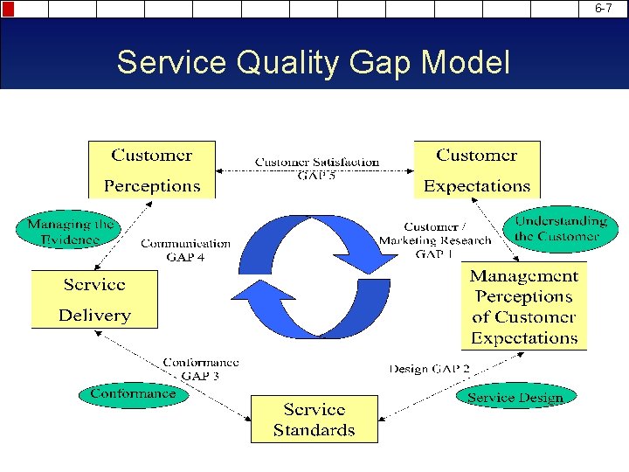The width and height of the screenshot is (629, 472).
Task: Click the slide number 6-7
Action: pyautogui.click(x=604, y=8)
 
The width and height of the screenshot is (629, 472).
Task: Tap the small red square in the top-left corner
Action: pyautogui.click(x=8, y=9)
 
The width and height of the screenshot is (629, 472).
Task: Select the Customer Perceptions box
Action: pyautogui.click(x=152, y=170)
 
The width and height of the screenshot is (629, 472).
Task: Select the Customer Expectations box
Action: pyautogui.click(x=476, y=170)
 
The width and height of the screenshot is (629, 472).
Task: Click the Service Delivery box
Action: pyautogui.click(x=94, y=300)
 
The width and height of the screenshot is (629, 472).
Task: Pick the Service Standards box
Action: pyautogui.click(x=314, y=420)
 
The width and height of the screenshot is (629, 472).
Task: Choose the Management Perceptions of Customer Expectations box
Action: pyautogui.click(x=524, y=307)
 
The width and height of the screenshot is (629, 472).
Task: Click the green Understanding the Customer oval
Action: pyautogui.click(x=560, y=228)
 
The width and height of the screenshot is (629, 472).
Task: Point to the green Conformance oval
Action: pyautogui.click(x=133, y=393)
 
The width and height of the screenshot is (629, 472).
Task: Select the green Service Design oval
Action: pyautogui.click(x=515, y=398)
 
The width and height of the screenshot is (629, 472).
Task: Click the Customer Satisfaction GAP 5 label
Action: pyautogui.click(x=317, y=168)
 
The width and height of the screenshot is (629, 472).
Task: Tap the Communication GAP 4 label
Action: pyautogui.click(x=185, y=250)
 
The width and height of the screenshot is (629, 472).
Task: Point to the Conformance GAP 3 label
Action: pyautogui.click(x=200, y=369)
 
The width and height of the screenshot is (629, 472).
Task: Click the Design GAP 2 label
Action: pyautogui.click(x=429, y=369)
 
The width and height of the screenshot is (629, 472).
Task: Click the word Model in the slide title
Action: pyautogui.click(x=467, y=63)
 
